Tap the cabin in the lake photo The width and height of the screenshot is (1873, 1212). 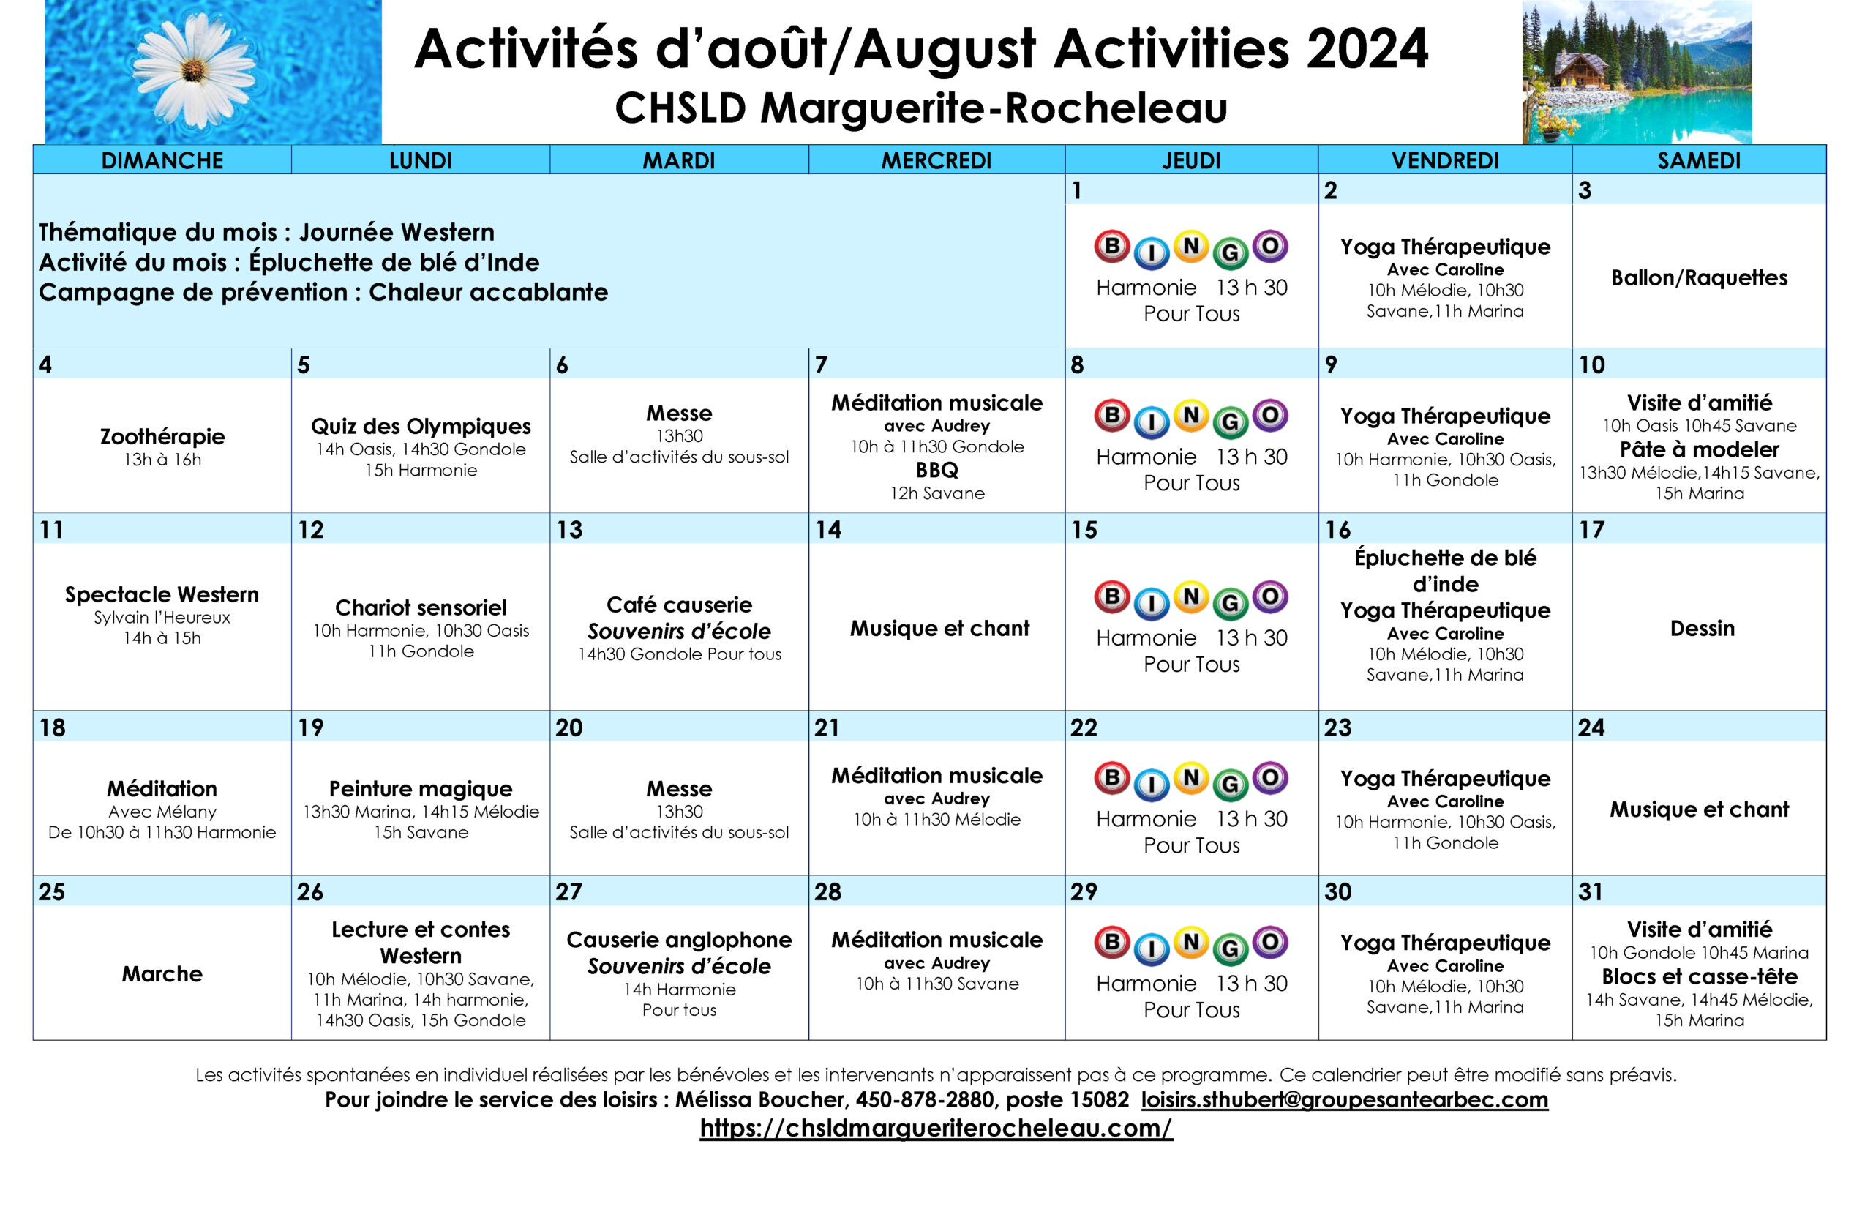pyautogui.click(x=1581, y=75)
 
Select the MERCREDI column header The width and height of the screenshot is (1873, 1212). pyautogui.click(x=935, y=160)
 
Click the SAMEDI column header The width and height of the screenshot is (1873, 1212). pyautogui.click(x=1698, y=160)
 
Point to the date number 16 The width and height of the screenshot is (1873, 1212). pyautogui.click(x=1337, y=530)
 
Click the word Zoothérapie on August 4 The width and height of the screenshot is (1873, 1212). pyautogui.click(x=162, y=436)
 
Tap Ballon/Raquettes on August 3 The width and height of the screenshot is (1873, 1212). pyautogui.click(x=1698, y=277)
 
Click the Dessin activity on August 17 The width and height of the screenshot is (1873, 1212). pyautogui.click(x=1702, y=628)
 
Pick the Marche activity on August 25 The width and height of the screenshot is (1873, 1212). pyautogui.click(x=162, y=973)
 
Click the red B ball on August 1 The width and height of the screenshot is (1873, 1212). pyautogui.click(x=1111, y=247)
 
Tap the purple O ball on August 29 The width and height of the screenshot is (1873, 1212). pyautogui.click(x=1269, y=942)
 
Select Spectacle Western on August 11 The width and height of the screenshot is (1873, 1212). pyautogui.click(x=162, y=594)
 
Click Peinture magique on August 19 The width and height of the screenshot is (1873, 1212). pyautogui.click(x=420, y=788)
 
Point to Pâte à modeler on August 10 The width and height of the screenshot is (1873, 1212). pyautogui.click(x=1698, y=449)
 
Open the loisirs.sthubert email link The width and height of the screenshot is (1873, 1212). pyautogui.click(x=1343, y=1099)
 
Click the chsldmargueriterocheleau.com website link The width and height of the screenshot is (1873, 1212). pyautogui.click(x=935, y=1128)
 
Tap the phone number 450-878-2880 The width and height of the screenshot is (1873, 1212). pyautogui.click(x=923, y=1099)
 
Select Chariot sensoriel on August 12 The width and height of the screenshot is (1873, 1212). pyautogui.click(x=420, y=607)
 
